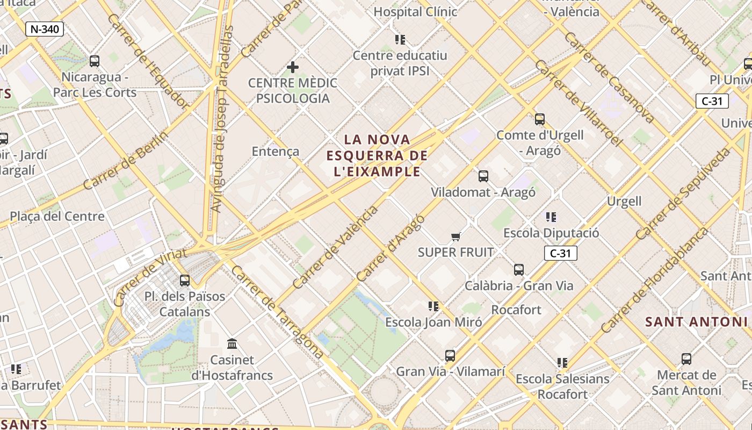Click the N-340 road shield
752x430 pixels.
click(45, 29)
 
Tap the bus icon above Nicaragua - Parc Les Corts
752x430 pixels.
click(95, 61)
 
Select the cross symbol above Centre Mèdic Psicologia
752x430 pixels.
click(293, 67)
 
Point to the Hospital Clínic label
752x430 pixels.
click(415, 11)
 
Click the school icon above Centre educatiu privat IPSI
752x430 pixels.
click(400, 39)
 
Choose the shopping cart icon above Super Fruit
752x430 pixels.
click(456, 236)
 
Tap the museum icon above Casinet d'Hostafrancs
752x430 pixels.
click(233, 343)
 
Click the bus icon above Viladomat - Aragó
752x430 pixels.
click(483, 176)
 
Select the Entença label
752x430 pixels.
click(276, 152)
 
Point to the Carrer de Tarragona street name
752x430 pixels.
click(277, 312)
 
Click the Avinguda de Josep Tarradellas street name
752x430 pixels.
click(222, 118)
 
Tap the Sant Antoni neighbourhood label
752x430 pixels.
click(696, 322)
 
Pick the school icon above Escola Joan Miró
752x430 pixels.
click(433, 306)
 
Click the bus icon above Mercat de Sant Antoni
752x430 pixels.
click(686, 359)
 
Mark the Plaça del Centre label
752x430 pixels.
click(57, 217)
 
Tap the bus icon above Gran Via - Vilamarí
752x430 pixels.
click(450, 355)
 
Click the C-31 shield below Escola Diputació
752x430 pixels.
click(560, 253)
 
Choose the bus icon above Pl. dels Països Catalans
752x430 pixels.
click(185, 280)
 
